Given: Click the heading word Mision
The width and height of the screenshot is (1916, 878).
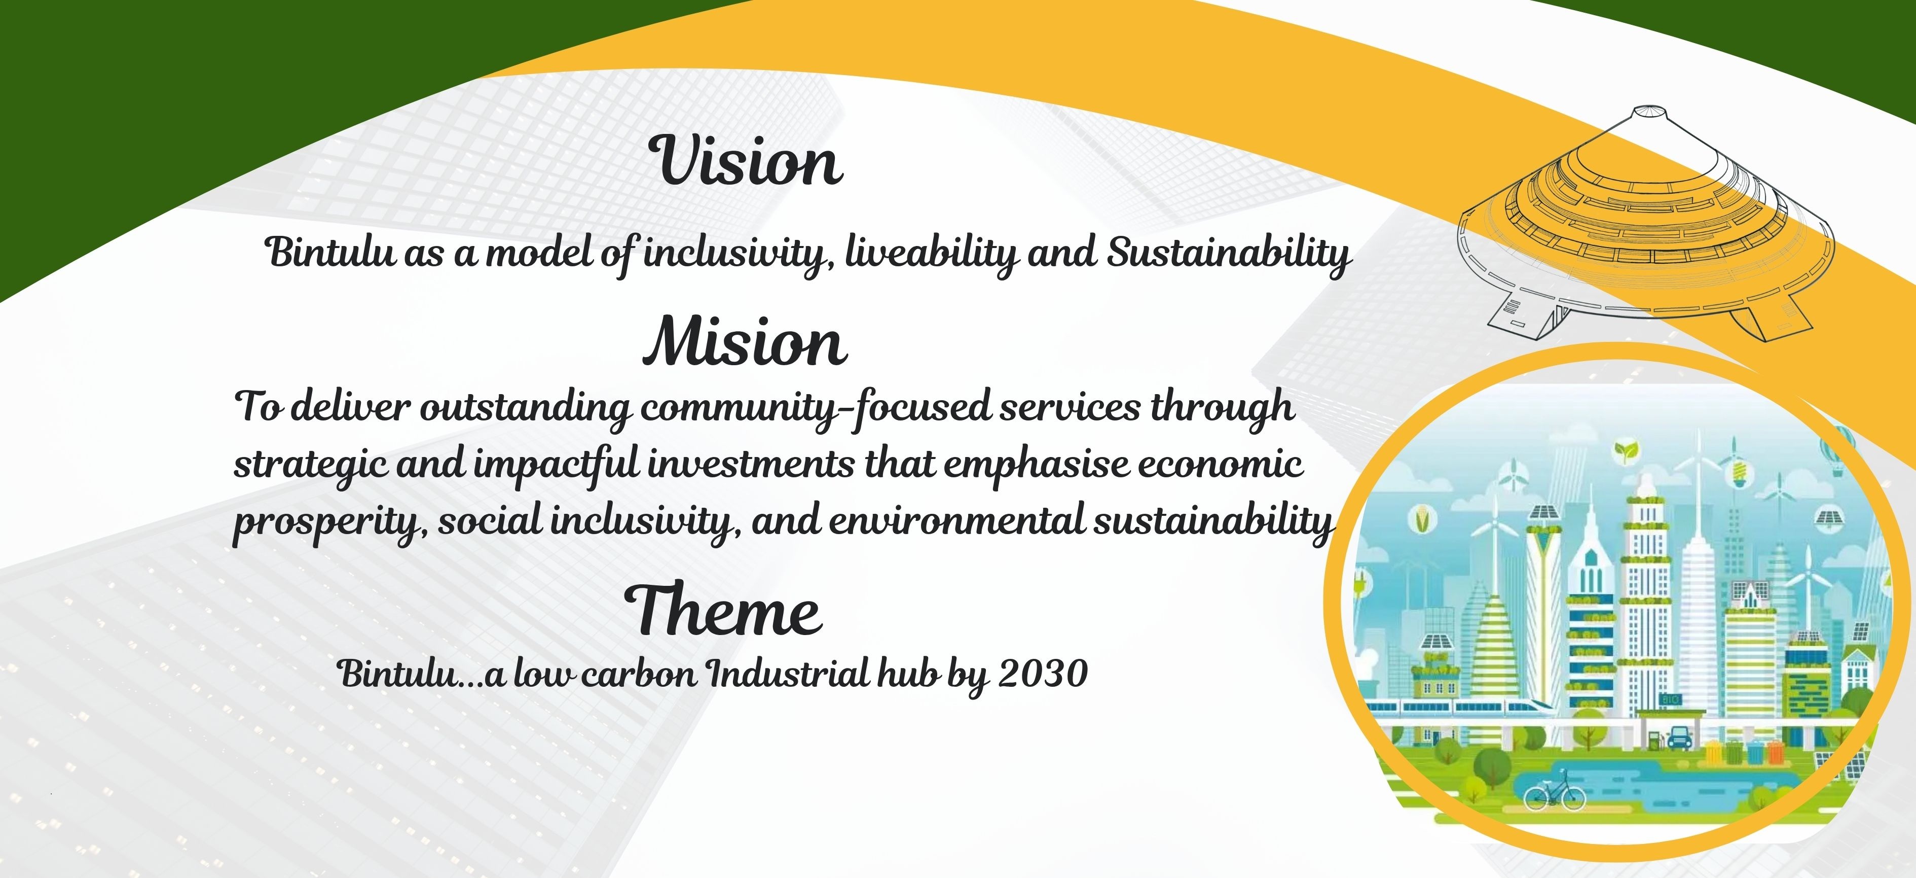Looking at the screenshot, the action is click(x=745, y=341).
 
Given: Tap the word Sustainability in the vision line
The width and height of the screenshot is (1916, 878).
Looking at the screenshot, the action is click(x=1229, y=253).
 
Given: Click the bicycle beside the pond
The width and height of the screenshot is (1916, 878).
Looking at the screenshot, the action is click(x=1555, y=794).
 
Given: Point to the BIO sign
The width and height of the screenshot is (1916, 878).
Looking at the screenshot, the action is click(x=1668, y=699).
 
